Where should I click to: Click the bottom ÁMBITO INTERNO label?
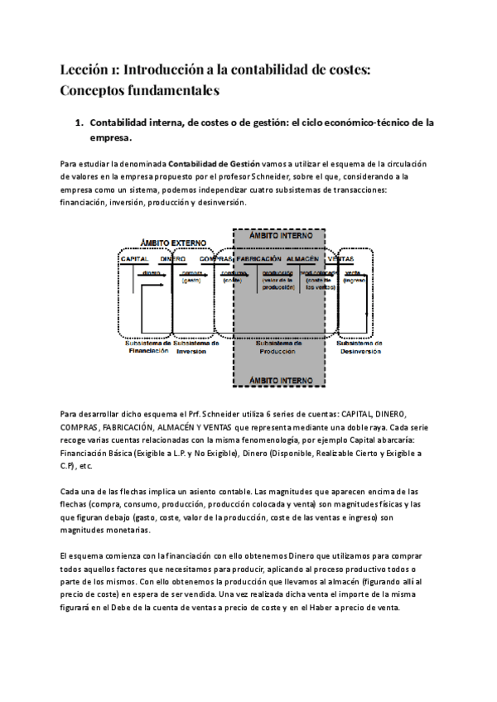point(279,380)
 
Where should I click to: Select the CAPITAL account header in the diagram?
point(134,259)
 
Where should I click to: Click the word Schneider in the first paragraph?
point(312,177)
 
